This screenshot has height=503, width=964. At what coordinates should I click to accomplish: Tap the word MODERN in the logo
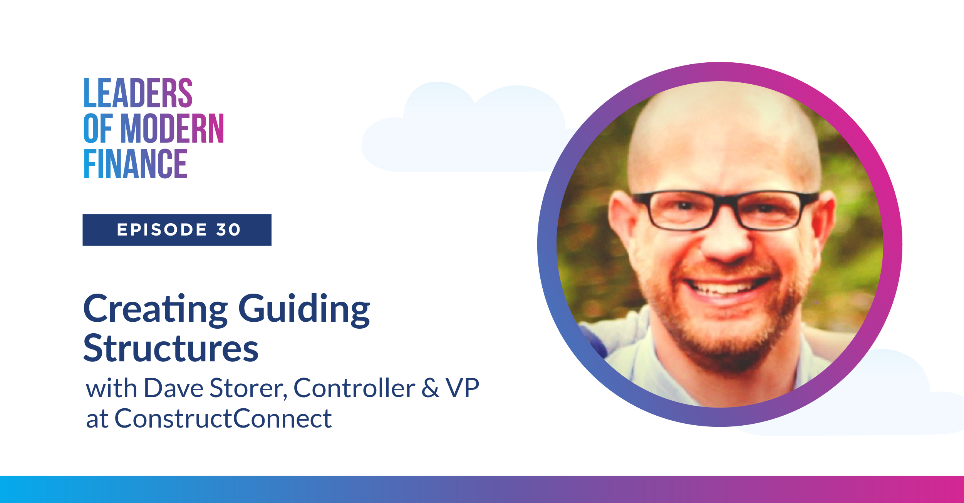pos(172,129)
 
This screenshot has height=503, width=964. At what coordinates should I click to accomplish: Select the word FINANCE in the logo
pos(136,164)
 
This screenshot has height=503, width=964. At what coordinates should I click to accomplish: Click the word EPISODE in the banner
pos(162,230)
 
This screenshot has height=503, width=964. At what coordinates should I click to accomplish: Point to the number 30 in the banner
pos(228,230)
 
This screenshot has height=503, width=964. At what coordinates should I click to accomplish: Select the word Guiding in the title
pos(304,309)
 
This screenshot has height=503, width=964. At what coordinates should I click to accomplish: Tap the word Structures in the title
pos(171,349)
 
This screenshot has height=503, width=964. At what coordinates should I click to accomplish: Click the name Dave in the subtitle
pos(173,388)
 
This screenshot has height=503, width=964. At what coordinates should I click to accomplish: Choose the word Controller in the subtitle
pos(354,388)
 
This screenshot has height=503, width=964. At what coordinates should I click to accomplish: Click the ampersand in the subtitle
pos(430,388)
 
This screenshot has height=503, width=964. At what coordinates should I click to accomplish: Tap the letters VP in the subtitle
pos(462,388)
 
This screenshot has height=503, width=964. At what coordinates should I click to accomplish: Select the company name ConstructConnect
pos(223,419)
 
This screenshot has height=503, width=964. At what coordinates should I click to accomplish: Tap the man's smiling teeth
pos(724,288)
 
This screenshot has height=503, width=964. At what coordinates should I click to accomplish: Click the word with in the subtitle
pos(111,388)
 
